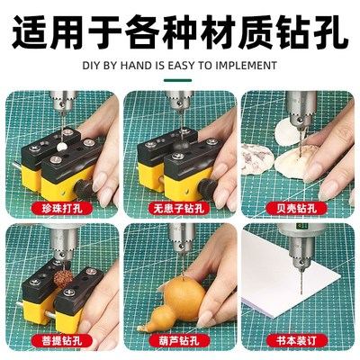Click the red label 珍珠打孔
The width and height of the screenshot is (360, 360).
click(60, 206)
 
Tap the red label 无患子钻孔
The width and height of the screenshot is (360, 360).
click(179, 206)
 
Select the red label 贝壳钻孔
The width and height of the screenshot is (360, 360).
click(298, 206)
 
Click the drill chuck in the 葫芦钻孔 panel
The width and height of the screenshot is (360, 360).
click(184, 241)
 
